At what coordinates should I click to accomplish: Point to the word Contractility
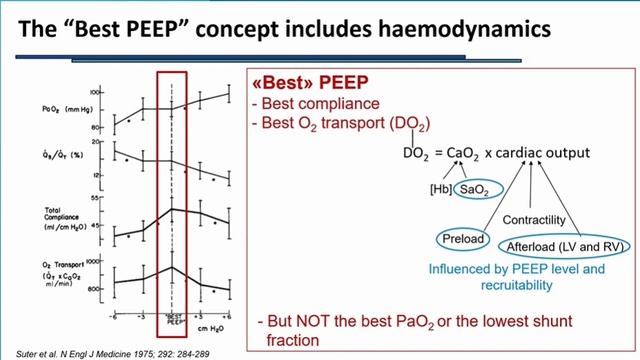(535, 219)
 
